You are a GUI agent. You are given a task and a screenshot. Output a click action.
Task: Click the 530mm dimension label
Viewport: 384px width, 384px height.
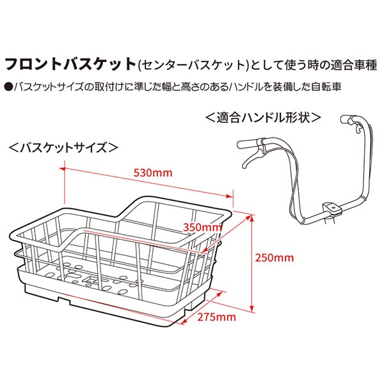tap(153, 173)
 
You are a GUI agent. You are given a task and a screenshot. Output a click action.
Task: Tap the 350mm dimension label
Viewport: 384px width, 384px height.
tap(202, 227)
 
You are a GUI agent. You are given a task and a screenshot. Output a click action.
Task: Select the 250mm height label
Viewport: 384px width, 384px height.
tap(275, 258)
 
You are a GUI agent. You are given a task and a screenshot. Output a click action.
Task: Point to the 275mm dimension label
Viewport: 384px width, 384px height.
tap(217, 317)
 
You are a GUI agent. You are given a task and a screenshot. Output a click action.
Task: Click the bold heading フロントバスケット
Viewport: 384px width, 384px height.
tap(70, 64)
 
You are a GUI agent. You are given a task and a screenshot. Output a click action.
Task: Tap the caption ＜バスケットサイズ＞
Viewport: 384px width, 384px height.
tap(63, 148)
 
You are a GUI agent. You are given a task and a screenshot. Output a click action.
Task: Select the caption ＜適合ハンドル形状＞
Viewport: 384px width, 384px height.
tap(264, 118)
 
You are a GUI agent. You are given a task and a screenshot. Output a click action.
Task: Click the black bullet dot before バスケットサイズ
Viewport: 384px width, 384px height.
tap(9, 87)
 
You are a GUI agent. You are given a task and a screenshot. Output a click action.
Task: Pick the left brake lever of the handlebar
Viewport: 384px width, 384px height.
tap(253, 158)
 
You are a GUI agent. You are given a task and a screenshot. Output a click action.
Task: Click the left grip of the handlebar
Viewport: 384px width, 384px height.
tap(247, 144)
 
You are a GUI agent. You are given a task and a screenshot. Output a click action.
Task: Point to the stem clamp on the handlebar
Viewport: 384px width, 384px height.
tap(332, 207)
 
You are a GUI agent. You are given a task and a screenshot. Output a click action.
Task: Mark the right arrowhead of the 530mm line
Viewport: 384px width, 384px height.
tap(230, 196)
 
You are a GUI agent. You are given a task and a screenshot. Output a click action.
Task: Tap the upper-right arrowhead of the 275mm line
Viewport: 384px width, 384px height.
tap(221, 293)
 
